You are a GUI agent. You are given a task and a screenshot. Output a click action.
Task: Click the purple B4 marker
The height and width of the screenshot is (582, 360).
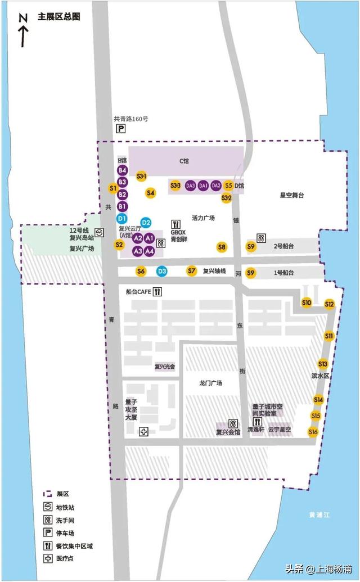(x=123, y=170)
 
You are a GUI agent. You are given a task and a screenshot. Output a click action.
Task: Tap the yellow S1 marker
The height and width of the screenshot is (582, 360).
(x=113, y=188)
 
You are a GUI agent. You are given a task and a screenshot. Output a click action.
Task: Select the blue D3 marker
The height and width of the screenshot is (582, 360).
(x=162, y=272)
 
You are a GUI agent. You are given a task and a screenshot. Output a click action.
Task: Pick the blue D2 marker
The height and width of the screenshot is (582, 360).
(x=146, y=223)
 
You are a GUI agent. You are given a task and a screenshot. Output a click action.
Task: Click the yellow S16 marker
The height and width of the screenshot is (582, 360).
(x=313, y=432)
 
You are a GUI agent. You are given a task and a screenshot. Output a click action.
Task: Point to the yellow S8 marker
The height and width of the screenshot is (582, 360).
(x=222, y=247)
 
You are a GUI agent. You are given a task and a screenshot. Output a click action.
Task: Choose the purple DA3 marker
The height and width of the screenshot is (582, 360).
(x=190, y=186)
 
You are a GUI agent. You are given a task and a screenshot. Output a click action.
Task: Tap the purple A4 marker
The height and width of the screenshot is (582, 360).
(x=149, y=251)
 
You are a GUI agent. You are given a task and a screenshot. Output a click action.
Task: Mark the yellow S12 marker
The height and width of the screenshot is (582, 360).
(x=330, y=304)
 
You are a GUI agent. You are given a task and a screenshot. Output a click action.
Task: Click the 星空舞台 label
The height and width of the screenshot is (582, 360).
(x=292, y=195)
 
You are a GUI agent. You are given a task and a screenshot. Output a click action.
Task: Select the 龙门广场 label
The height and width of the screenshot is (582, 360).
(x=211, y=383)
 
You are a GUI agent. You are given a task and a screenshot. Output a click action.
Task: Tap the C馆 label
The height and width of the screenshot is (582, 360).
(x=184, y=161)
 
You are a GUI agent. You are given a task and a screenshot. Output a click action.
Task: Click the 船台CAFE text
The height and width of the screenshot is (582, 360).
(x=138, y=292)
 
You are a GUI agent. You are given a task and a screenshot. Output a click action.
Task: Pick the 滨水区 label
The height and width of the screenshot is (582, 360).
(x=319, y=375)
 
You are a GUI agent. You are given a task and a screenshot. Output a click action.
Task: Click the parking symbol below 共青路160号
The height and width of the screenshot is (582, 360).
(x=120, y=129)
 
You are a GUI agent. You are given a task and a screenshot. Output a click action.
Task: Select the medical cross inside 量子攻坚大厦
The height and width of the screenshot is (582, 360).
(x=144, y=431)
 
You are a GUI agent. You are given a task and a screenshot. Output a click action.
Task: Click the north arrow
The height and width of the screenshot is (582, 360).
(x=23, y=31)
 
